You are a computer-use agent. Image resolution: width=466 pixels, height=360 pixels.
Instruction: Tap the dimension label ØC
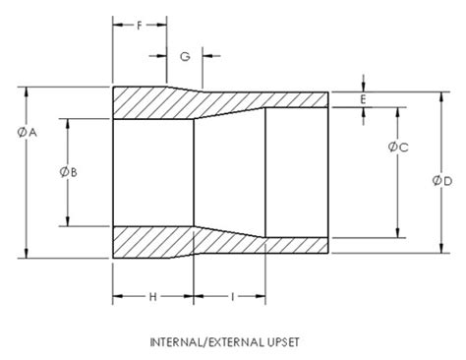point(398,148)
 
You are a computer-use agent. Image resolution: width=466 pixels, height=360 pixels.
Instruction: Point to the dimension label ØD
point(441,181)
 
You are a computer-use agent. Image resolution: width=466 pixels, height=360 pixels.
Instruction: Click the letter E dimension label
point(364,99)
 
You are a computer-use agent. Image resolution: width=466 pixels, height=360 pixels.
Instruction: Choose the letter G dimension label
point(184,57)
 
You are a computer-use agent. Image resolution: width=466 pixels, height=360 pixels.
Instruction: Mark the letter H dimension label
point(152,296)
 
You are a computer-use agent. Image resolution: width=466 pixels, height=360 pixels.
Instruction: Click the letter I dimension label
point(230,296)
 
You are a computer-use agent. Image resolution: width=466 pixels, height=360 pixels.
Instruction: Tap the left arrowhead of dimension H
point(118,296)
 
